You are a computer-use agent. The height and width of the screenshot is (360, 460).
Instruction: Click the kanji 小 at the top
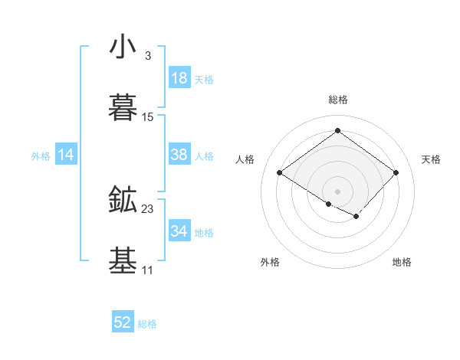[x=123, y=48]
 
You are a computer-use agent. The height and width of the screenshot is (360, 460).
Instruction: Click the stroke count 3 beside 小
[x=147, y=56]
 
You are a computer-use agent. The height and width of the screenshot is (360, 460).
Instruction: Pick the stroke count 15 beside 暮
[x=149, y=117]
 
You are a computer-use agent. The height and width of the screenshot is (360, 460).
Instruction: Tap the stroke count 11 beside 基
[x=147, y=270]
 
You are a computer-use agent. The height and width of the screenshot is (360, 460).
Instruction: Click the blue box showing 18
[x=179, y=78]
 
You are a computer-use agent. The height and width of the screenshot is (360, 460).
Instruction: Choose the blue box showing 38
[x=179, y=155]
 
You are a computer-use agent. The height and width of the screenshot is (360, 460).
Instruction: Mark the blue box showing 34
[x=179, y=231]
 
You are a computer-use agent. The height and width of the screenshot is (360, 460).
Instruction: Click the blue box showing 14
[x=66, y=155]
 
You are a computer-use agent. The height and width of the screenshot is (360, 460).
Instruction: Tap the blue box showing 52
[x=123, y=323]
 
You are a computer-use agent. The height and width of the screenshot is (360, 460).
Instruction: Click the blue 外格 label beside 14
[x=41, y=156]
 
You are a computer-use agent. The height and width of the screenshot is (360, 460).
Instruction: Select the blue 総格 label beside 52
[x=147, y=325]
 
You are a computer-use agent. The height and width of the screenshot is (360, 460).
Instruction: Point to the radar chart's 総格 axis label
[x=338, y=100]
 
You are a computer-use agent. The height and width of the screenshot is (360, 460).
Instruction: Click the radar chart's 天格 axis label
[x=431, y=159]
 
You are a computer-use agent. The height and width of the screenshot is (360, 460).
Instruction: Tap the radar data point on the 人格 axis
[x=280, y=173]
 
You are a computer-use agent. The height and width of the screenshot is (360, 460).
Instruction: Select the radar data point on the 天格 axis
[x=396, y=173]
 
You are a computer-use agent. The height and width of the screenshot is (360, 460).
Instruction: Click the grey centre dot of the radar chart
[x=337, y=190]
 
